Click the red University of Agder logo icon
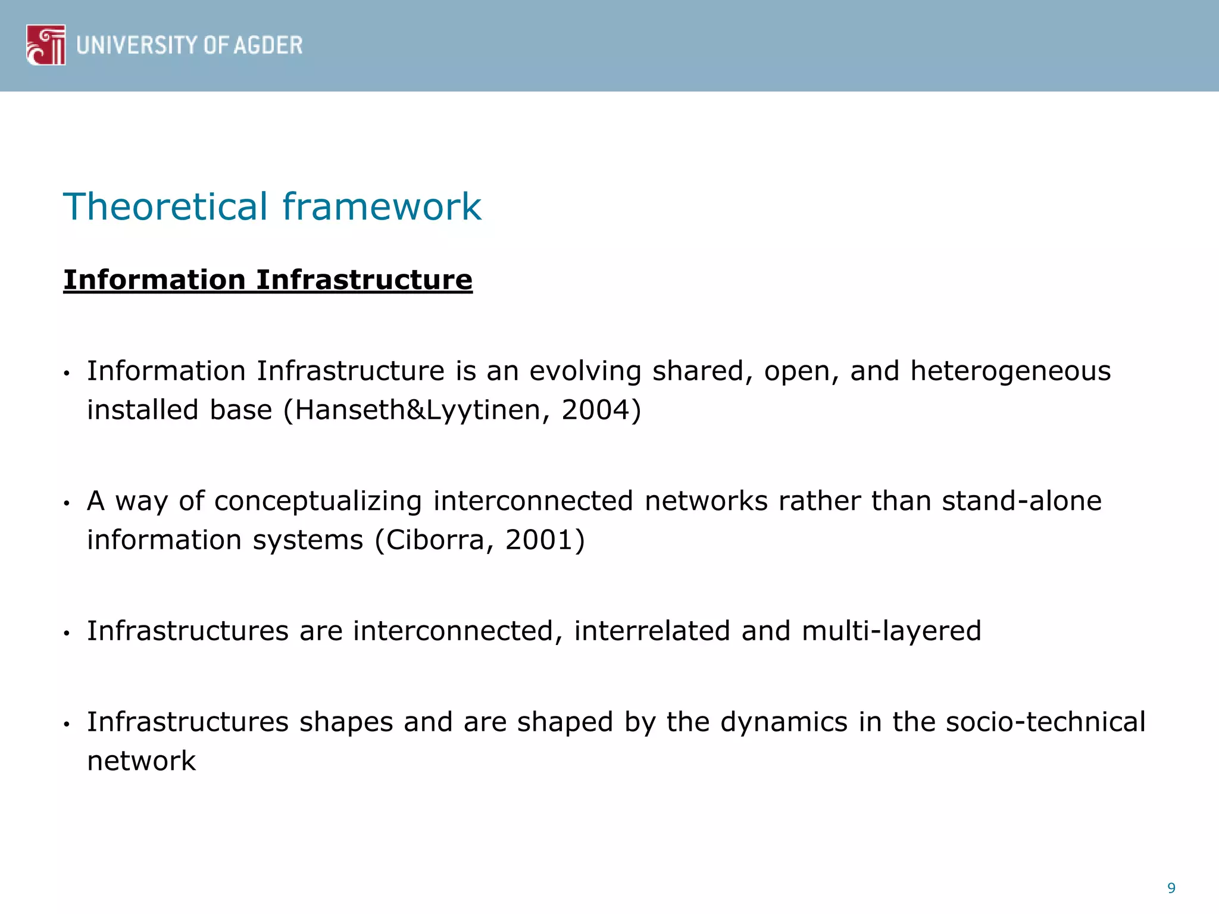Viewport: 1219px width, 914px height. [x=46, y=45]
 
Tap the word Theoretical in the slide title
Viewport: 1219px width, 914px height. [x=165, y=206]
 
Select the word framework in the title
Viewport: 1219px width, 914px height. [x=382, y=206]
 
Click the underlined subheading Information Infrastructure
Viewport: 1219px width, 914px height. [x=268, y=280]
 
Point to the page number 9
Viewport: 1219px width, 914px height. [x=1171, y=888]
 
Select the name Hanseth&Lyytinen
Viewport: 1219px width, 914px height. [x=417, y=411]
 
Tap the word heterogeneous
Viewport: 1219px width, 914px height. [x=1010, y=371]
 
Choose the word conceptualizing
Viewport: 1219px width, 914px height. [x=318, y=501]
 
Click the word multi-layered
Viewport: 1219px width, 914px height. [x=891, y=631]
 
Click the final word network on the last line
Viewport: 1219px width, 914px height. [x=141, y=761]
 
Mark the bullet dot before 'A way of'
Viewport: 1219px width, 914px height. [x=67, y=503]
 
